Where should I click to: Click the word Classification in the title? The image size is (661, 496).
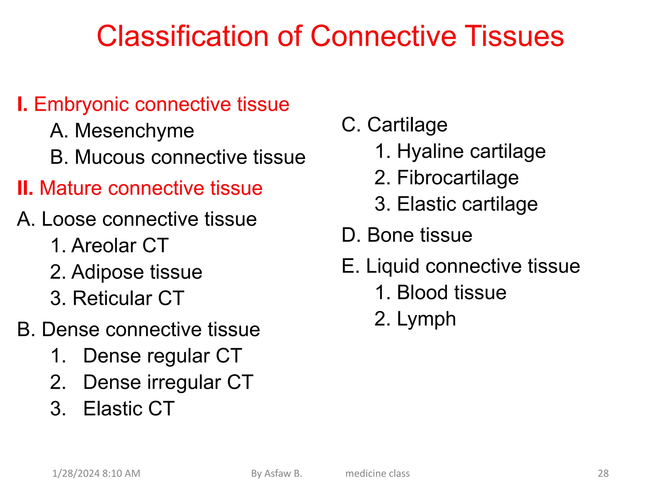point(182,36)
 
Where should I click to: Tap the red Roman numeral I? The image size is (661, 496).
point(22,104)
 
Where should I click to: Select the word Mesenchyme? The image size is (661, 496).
point(134,131)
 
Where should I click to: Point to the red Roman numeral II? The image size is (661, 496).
point(25,188)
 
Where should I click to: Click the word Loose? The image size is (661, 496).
point(69,219)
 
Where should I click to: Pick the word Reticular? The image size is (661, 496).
point(112,298)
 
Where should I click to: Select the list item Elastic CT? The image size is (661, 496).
point(128,409)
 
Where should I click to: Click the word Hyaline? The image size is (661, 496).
point(430,151)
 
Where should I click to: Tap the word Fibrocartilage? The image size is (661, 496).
point(458,178)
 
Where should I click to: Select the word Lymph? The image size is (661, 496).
point(426,319)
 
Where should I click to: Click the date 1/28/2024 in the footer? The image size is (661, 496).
point(76,473)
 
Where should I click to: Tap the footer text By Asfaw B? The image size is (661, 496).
point(276,473)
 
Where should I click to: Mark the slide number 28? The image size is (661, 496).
point(603,473)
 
